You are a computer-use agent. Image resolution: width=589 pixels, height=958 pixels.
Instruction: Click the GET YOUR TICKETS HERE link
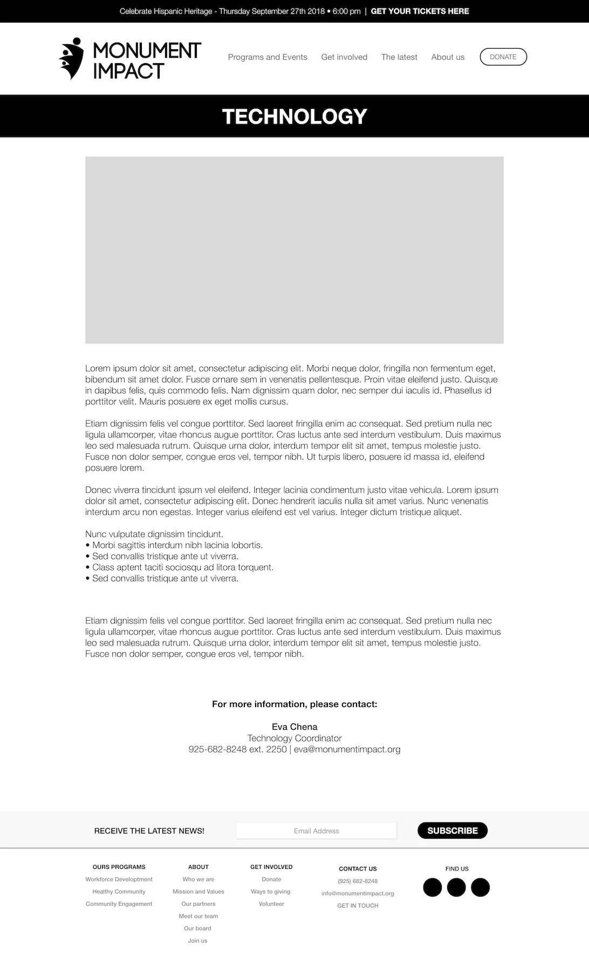[x=420, y=11]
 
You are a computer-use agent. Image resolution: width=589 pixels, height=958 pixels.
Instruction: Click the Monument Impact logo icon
[x=71, y=59]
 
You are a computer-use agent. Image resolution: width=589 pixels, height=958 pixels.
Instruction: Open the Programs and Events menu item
[x=268, y=57]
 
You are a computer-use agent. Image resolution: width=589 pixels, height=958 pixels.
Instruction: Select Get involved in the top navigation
[x=344, y=57]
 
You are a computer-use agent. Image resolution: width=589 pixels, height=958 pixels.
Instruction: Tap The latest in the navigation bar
[x=399, y=57]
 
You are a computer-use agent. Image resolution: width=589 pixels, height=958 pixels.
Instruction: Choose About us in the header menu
[x=448, y=57]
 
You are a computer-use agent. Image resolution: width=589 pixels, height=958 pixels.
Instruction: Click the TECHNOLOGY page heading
[x=294, y=117]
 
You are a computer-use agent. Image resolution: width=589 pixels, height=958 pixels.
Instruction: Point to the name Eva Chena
[x=294, y=727]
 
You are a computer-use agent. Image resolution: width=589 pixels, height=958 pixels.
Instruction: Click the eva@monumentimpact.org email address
[x=347, y=749]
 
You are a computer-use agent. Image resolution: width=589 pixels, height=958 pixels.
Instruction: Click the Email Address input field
[x=316, y=831]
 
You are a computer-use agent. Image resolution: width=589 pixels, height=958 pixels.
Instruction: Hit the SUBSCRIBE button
[x=453, y=831]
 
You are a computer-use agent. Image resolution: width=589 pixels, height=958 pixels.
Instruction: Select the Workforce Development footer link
[x=119, y=879]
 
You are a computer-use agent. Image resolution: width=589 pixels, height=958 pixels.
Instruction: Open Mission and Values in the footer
[x=198, y=892]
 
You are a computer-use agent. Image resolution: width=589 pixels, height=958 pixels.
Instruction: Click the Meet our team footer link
[x=198, y=916]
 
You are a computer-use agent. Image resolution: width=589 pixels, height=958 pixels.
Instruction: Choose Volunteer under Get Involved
[x=271, y=904]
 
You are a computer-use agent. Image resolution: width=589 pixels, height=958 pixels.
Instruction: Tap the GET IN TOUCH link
[x=358, y=906]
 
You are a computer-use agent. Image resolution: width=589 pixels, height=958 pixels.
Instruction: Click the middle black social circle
[x=456, y=887]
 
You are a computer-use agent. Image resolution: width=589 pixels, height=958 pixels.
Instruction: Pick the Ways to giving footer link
[x=271, y=892]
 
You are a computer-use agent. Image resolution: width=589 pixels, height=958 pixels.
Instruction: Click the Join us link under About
[x=197, y=941]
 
